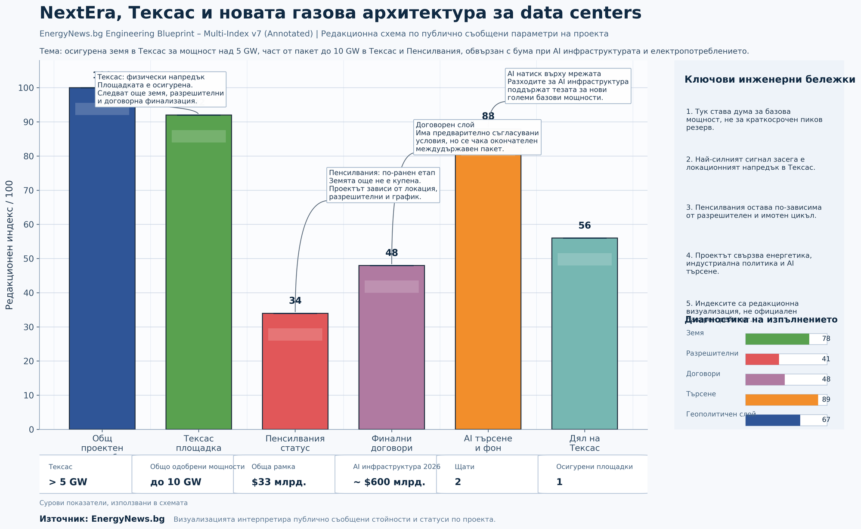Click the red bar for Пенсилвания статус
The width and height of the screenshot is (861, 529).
click(x=295, y=379)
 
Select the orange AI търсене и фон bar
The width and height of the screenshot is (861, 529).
click(x=488, y=293)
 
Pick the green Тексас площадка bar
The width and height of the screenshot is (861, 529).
click(x=198, y=280)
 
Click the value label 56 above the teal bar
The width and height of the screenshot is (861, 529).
click(x=584, y=226)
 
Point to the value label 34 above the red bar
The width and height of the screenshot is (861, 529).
click(x=295, y=301)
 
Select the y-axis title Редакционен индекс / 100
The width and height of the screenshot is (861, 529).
click(x=9, y=245)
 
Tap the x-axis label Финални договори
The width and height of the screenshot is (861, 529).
click(x=391, y=443)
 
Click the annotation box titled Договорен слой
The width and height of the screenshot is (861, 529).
click(x=477, y=137)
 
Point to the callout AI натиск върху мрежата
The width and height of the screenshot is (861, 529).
click(x=568, y=86)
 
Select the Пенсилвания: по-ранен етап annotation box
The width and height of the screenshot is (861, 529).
click(x=383, y=185)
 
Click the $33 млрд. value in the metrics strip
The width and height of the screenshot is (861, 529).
click(x=279, y=482)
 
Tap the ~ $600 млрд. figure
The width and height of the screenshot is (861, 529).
click(x=389, y=482)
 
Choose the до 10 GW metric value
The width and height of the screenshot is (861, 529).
click(x=176, y=482)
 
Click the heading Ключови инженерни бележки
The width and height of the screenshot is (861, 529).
click(x=769, y=80)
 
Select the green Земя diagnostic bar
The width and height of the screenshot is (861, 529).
click(x=777, y=339)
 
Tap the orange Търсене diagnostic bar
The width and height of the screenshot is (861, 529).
click(x=781, y=400)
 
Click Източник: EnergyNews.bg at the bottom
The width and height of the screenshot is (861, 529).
click(x=102, y=519)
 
